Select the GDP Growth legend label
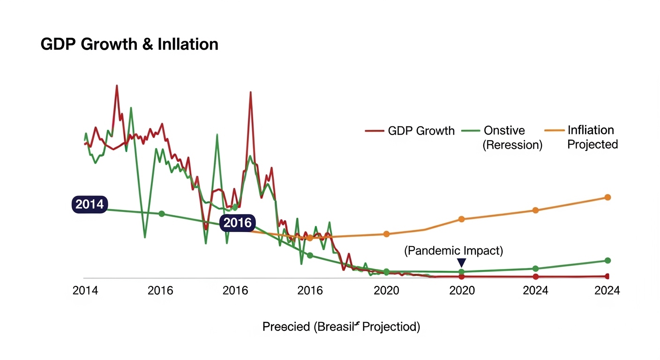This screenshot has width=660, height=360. click(421, 131)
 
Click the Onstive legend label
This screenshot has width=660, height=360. click(504, 130)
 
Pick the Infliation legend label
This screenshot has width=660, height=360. click(591, 130)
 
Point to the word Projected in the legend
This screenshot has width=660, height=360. click(592, 144)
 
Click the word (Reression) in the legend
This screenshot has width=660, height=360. click(512, 145)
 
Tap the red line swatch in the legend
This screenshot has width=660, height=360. click(375, 131)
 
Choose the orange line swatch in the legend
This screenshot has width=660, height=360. click(555, 130)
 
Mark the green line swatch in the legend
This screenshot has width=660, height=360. click(471, 131)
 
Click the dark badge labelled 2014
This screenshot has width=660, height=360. click(89, 204)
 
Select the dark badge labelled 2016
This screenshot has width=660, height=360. click(237, 223)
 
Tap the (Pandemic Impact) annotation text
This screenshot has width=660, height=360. click(453, 251)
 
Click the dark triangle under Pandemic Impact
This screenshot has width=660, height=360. click(462, 262)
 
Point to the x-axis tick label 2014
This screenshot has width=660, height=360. click(85, 291)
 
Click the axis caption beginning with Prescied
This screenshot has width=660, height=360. click(341, 327)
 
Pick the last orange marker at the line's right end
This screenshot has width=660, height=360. click(607, 197)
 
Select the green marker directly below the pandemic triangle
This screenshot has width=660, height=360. click(462, 272)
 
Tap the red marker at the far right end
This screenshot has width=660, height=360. click(607, 276)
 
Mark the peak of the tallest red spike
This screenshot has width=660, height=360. click(116, 86)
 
